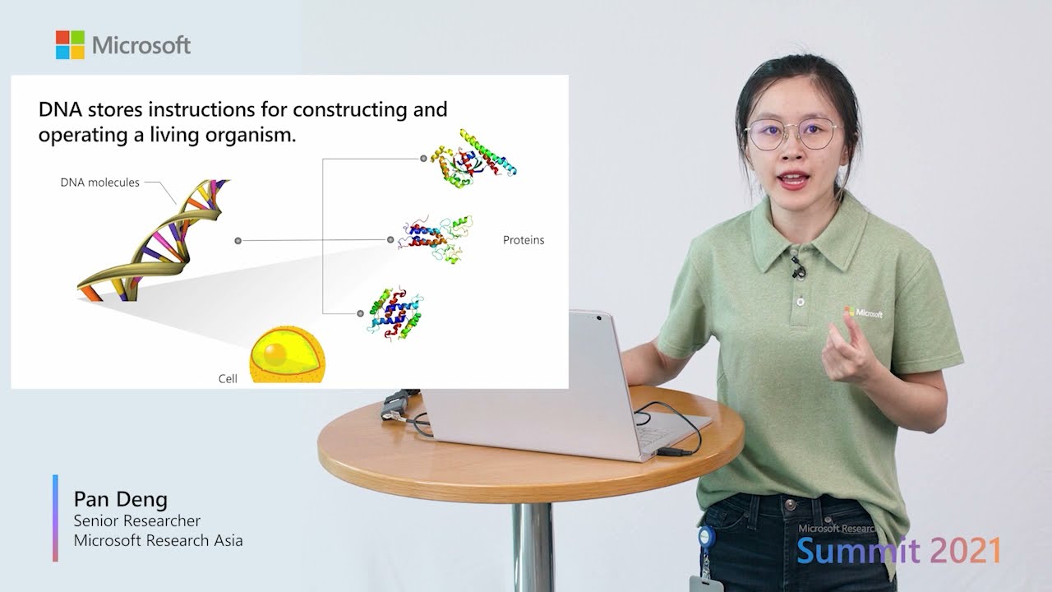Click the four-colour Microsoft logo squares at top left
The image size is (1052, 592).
click(70, 45)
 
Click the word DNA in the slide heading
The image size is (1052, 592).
click(60, 109)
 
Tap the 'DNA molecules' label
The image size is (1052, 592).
click(99, 183)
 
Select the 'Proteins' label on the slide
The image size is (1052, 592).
click(524, 240)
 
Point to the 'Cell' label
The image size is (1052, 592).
click(228, 378)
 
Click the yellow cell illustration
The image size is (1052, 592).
click(287, 355)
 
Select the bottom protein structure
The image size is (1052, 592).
click(394, 312)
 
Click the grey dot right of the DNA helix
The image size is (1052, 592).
click(238, 240)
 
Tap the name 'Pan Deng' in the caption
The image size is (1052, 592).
click(120, 499)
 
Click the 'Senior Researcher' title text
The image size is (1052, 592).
click(136, 520)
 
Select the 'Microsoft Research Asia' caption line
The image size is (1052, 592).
click(158, 540)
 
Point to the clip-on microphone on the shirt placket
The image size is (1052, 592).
click(796, 267)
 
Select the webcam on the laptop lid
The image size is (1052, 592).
click(598, 317)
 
